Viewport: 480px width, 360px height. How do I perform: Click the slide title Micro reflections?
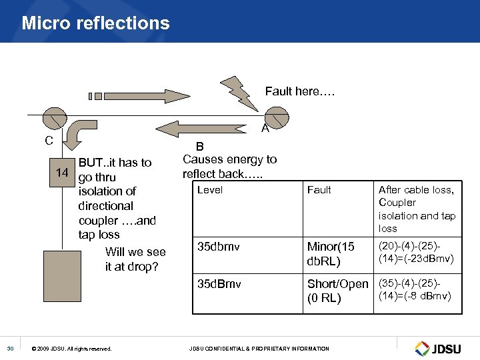pos(95,23)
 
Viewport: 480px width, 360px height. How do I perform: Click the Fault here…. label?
pos(299,91)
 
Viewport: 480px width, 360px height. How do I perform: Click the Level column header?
pos(210,190)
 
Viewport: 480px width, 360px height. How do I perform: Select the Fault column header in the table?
pos(319,190)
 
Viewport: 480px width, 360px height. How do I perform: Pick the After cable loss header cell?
pos(417,209)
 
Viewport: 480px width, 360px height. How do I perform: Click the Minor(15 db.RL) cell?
pos(331,253)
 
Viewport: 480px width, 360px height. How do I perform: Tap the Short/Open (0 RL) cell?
pos(337,291)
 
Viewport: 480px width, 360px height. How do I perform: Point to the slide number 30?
pos(10,348)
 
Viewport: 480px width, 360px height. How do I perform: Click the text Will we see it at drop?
pos(135,259)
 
